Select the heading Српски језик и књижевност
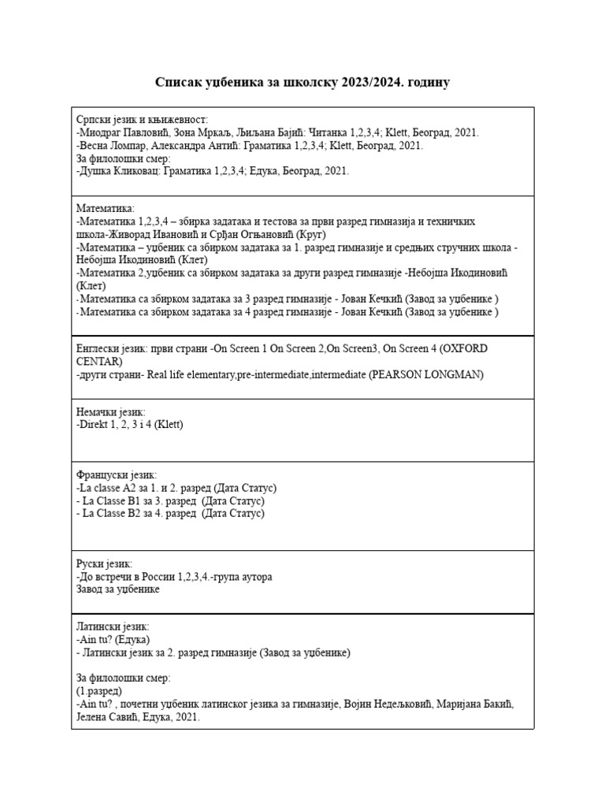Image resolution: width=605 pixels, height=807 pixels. click(x=142, y=119)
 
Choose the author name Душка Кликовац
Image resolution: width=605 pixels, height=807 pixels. click(x=121, y=170)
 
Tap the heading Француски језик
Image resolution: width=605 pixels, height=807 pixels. click(x=117, y=475)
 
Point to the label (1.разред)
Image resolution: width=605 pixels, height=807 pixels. click(x=99, y=690)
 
